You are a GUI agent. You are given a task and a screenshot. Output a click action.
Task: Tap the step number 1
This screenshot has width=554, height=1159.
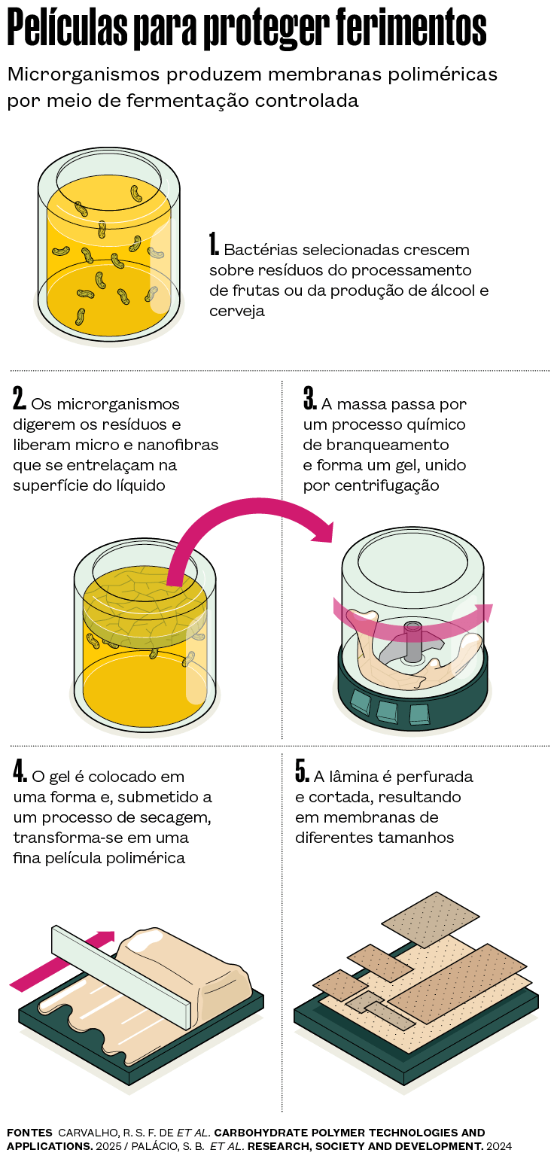pos(213,244)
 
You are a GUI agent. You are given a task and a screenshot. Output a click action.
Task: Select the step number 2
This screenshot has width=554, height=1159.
pos(19,398)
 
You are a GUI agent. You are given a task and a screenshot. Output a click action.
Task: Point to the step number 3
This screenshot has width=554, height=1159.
pos(310,398)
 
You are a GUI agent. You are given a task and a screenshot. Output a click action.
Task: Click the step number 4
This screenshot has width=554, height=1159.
pos(20,771)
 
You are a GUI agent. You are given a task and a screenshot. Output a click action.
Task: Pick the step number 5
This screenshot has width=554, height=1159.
pos(302,771)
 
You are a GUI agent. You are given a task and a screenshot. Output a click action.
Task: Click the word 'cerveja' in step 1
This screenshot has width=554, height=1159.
pos(237,311)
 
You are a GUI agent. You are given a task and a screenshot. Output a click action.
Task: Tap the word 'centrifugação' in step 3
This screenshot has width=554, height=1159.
pos(371,486)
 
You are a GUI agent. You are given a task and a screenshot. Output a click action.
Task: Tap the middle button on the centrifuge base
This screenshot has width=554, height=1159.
pos(387,711)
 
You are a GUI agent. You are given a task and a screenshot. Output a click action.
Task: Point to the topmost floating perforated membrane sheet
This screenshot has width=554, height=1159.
pos(431,920)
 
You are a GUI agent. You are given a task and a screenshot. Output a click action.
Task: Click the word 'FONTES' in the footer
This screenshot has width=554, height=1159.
pos(29,1133)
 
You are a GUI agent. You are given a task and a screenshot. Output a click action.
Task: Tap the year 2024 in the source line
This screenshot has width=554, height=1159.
pos(499,1147)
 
